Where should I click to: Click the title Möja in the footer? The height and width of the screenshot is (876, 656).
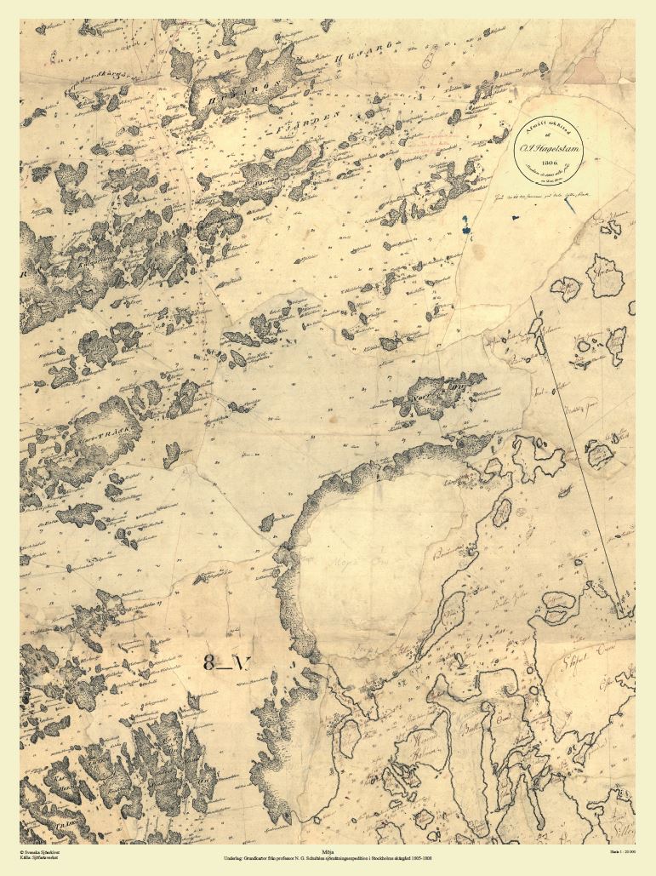(x=328, y=849)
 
